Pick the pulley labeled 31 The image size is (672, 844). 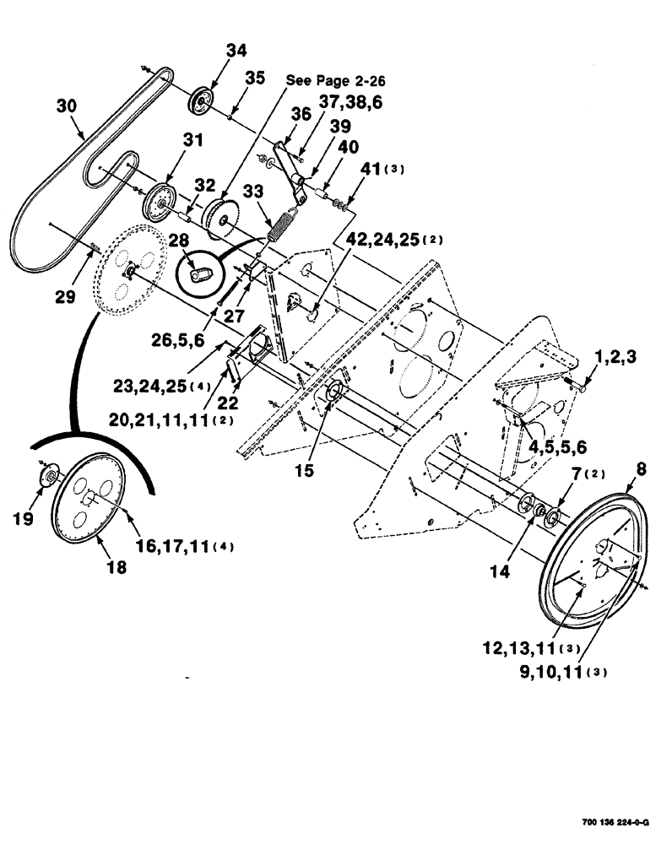point(157,200)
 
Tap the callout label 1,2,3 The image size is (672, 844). point(616,358)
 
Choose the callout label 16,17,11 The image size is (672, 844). point(187,547)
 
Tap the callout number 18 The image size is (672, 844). point(116,568)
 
